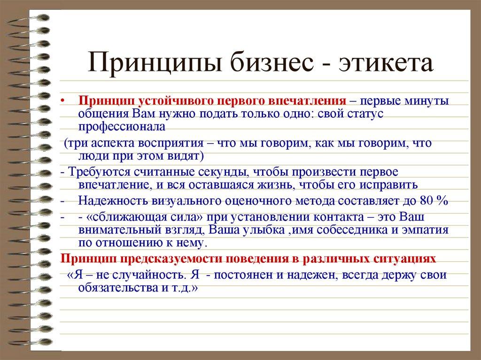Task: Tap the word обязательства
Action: (x=115, y=288)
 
